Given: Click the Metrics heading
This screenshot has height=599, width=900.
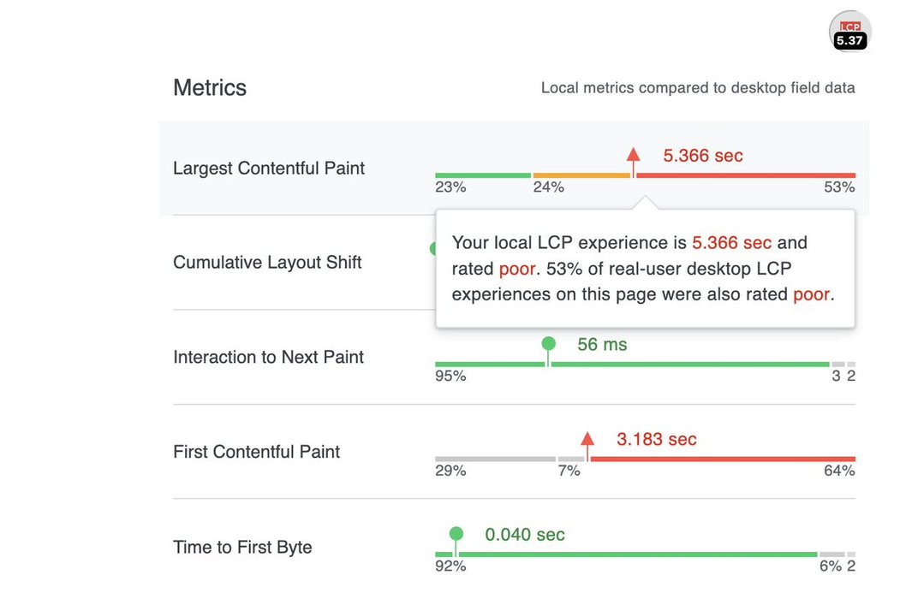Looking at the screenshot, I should coord(210,88).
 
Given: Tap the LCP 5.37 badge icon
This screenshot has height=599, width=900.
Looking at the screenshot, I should coord(849,33).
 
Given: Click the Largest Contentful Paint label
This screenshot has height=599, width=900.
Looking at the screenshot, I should coord(269,169).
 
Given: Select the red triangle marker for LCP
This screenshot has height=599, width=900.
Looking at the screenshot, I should coord(633,155).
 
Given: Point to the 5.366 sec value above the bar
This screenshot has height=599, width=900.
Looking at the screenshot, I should coord(703,156).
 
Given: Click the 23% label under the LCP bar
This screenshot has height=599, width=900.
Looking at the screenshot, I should coord(450,187).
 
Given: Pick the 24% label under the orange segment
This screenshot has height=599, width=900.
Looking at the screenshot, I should coord(549,187).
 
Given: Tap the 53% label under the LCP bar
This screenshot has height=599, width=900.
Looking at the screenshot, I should coord(839,187).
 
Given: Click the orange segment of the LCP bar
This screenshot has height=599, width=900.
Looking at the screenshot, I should coord(581,175).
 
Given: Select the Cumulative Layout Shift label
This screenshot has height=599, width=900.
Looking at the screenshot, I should coord(267,263).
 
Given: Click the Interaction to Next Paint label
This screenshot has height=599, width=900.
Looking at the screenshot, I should coord(268,357).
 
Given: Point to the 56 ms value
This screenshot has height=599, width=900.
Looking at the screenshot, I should coord(602,345).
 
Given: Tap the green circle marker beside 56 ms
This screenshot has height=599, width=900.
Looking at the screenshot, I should coord(549,344).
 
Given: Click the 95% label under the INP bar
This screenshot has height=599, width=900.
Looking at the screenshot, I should coord(450,376).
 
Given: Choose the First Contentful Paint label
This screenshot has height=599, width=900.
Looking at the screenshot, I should coord(256,452).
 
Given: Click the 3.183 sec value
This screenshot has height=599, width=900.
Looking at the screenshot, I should coord(657,440).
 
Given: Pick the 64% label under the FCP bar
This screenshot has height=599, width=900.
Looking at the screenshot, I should coord(839,471).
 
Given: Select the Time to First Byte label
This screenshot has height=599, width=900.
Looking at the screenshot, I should coord(242,548).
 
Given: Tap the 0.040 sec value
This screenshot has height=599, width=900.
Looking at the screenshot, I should coord(525,535).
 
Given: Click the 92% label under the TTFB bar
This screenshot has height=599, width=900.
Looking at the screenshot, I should coord(450,566).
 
